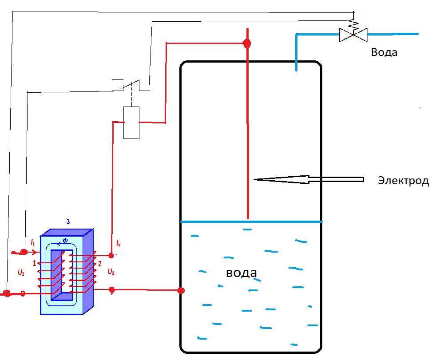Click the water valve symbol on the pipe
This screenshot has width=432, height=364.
tap(353, 35)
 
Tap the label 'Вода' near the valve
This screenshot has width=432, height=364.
tap(384, 52)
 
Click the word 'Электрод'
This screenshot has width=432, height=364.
tap(403, 181)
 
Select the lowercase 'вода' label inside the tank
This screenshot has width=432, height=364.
tap(242, 273)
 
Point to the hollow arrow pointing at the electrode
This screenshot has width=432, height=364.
tap(309, 179)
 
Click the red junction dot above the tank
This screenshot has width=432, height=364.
tap(247, 43)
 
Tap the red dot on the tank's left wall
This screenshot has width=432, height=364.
tap(181, 290)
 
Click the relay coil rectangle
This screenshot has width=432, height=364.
tap(131, 123)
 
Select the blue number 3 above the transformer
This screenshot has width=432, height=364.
tap(68, 222)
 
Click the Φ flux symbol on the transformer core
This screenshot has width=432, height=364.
tap(65, 241)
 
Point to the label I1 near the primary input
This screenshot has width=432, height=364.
tap(33, 242)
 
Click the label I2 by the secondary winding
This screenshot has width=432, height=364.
tap(119, 243)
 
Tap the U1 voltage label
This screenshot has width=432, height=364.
tap(21, 273)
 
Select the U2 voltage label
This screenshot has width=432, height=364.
tap(111, 272)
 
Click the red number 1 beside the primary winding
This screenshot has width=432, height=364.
tap(35, 263)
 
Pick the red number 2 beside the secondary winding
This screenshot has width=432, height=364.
tap(100, 264)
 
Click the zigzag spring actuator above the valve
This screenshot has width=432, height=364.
tap(353, 24)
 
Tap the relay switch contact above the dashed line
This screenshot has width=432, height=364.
tap(131, 84)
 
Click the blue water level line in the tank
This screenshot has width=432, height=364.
tap(251, 222)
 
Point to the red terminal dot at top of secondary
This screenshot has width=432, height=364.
tap(111, 256)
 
